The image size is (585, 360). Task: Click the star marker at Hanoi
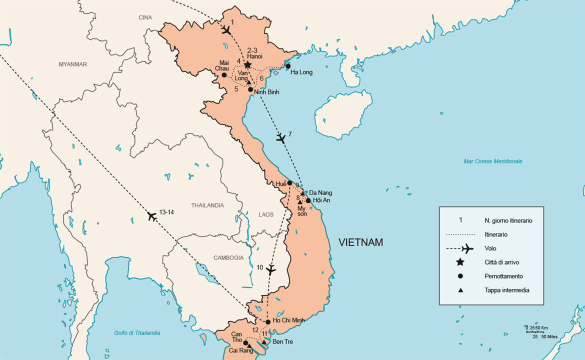247,65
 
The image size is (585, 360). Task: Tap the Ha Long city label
301,72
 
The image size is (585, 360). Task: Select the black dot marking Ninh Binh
250,89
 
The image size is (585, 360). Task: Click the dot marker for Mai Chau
224,75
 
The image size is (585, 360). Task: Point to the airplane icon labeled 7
281,138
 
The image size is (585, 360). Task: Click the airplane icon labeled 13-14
152,216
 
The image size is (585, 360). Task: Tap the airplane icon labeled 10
271,270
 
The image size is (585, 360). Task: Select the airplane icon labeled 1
225,30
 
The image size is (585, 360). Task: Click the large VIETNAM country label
360,242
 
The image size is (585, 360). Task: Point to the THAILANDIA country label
207,205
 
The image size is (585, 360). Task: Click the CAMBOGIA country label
228,258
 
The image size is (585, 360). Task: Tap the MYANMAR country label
72,64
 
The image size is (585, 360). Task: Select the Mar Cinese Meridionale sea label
492,161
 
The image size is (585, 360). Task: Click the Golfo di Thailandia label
137,333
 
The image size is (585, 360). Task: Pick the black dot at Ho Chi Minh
268,322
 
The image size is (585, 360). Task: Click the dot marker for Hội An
308,200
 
